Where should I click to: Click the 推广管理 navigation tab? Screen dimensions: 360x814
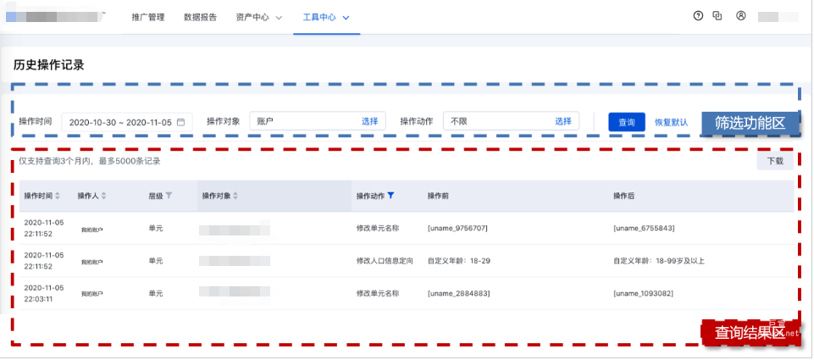click(x=149, y=17)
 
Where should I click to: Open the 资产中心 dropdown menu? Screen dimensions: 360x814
click(x=258, y=17)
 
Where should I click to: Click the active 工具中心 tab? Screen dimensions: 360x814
click(x=326, y=17)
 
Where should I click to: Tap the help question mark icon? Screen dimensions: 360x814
click(x=698, y=15)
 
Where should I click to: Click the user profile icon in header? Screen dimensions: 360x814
click(x=740, y=15)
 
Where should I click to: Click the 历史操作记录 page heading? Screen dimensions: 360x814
click(x=48, y=64)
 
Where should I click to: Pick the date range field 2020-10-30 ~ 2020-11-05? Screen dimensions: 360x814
click(x=127, y=122)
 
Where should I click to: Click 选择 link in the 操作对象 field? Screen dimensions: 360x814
click(x=370, y=121)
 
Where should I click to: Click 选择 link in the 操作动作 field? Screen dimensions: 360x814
click(x=563, y=121)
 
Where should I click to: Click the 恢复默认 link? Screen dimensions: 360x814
click(x=671, y=122)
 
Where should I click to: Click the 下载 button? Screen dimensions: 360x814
click(x=775, y=160)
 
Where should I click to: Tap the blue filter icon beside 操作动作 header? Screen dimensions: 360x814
click(x=390, y=196)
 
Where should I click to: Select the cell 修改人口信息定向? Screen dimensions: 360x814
click(x=385, y=261)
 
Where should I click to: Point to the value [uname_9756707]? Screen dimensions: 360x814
click(x=457, y=229)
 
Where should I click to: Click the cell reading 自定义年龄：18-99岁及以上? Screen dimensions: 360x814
click(x=658, y=261)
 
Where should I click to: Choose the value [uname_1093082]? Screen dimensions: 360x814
click(x=642, y=293)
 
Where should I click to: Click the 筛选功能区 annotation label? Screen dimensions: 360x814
click(x=750, y=122)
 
